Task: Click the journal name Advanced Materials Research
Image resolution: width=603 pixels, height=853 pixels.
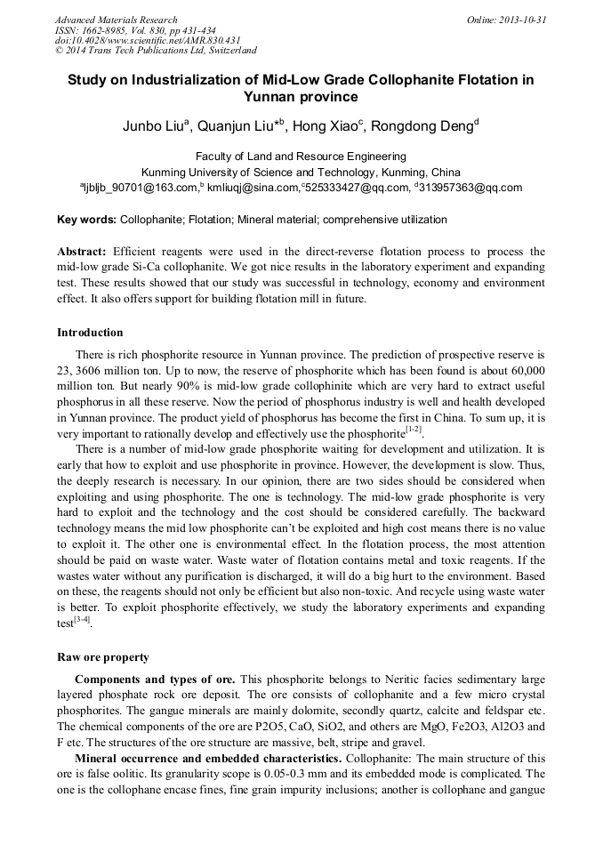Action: [x=116, y=20]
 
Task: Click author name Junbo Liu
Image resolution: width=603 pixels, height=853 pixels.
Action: [x=152, y=126]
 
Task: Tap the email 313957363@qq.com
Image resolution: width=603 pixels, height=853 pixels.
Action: [x=470, y=188]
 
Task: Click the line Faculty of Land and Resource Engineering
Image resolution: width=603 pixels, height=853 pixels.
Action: [x=301, y=157]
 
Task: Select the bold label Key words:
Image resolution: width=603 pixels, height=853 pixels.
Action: [x=86, y=220]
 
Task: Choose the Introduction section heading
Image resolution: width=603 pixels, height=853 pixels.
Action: [x=90, y=333]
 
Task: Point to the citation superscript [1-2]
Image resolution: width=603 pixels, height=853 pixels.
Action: [x=414, y=430]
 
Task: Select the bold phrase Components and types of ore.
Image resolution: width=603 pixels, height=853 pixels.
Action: [x=155, y=680]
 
